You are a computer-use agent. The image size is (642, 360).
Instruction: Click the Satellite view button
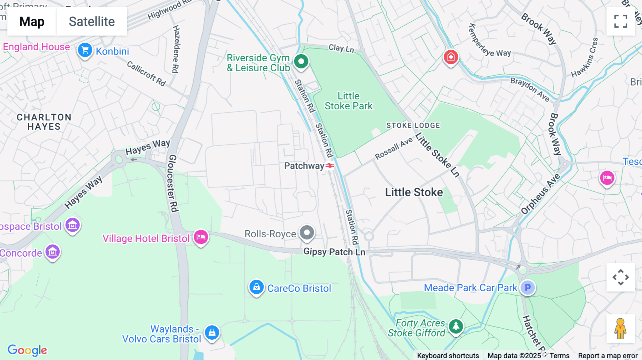pos(92,21)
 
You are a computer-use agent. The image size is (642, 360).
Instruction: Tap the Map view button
pos(32,21)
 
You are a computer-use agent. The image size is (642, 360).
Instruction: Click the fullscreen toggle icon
pos(621,21)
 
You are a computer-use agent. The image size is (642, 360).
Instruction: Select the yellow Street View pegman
pos(620,329)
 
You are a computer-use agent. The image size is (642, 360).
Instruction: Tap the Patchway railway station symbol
pos(330,166)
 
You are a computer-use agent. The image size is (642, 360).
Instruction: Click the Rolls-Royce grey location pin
pos(307,233)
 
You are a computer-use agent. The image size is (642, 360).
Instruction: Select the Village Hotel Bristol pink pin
pos(201,237)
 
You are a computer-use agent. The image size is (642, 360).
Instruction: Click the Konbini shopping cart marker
pos(85,50)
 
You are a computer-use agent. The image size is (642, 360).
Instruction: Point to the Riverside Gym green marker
pos(301,62)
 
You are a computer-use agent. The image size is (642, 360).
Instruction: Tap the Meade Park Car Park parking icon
pos(528,287)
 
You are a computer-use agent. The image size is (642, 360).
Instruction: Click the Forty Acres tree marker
pos(455,326)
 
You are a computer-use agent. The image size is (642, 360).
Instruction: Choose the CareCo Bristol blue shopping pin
pos(256,287)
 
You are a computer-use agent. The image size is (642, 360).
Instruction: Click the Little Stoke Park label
pos(348,101)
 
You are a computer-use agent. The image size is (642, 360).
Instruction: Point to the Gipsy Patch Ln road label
pos(334,252)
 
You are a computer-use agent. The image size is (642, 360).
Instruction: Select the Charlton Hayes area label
pos(44,122)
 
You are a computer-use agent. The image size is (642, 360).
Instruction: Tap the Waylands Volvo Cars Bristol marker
pos(212,332)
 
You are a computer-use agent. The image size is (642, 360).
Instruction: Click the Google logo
pos(27,350)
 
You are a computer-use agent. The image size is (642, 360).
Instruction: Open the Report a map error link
pos(607,355)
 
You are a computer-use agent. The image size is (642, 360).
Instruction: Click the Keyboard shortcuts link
pos(448,355)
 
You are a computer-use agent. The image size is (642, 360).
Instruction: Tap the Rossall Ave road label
pos(393,148)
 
